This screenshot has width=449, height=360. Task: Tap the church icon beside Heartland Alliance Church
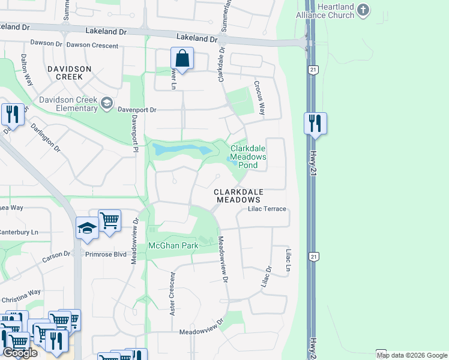(362, 9)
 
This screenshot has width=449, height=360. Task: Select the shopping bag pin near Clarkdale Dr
(181, 59)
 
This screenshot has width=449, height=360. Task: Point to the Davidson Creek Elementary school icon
(106, 103)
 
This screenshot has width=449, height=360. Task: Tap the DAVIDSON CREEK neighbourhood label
(70, 73)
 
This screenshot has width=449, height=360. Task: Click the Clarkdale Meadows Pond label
(249, 157)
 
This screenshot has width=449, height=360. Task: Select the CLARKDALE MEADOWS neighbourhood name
(238, 196)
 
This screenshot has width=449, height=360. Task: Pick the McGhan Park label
(173, 246)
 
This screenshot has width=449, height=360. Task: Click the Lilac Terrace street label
(267, 209)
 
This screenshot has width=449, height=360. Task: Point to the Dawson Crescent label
(89, 45)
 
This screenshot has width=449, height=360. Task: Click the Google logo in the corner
(20, 353)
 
